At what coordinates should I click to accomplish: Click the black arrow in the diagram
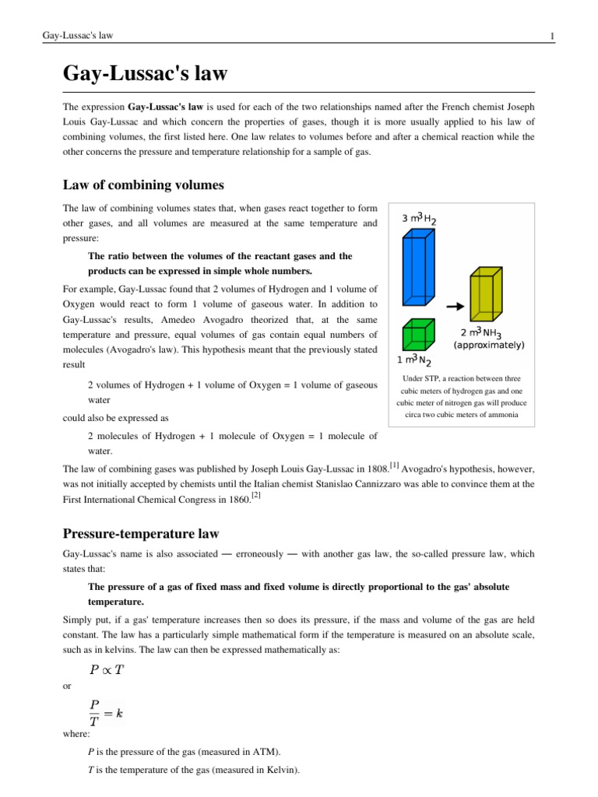click(x=453, y=307)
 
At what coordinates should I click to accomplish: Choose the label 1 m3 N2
click(x=415, y=360)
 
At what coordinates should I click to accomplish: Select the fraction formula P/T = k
click(x=106, y=713)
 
